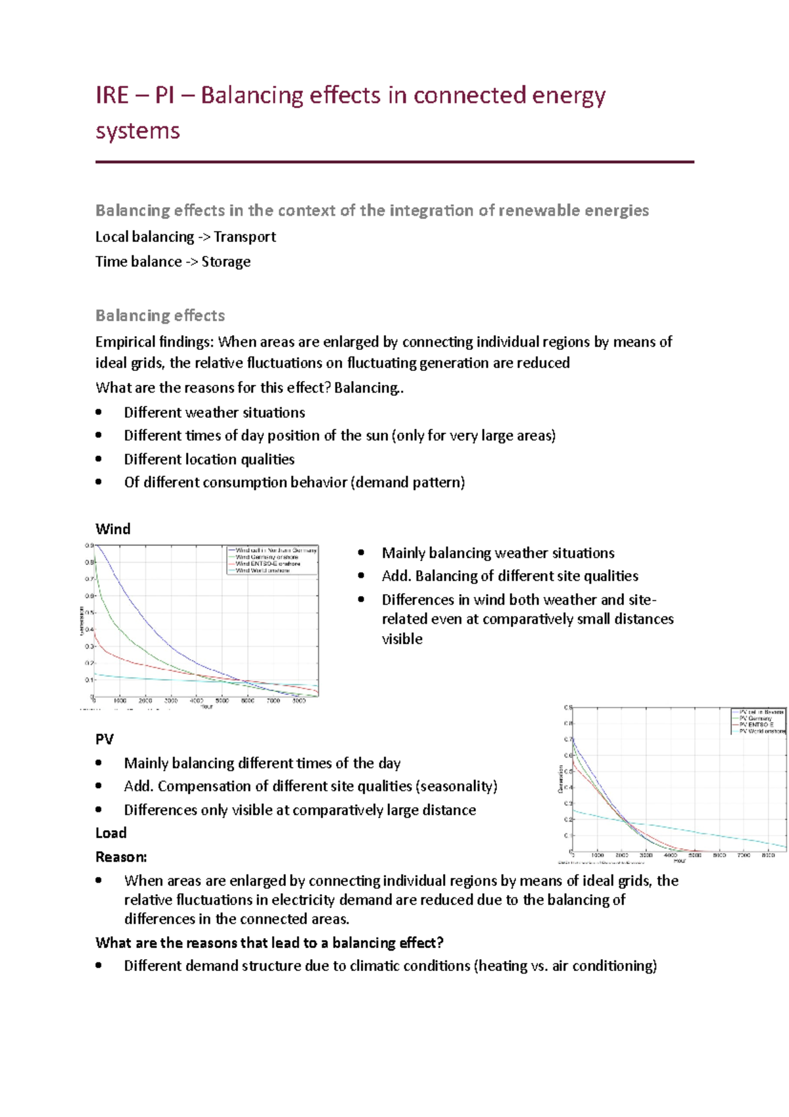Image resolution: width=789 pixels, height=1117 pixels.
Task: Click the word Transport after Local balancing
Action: (x=245, y=237)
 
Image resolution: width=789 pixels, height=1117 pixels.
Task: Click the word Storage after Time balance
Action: (x=226, y=262)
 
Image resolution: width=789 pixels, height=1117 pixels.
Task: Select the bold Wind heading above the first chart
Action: (x=113, y=529)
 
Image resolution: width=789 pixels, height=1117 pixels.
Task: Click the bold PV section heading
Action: (x=105, y=739)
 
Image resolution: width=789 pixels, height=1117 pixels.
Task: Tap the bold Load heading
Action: (x=111, y=833)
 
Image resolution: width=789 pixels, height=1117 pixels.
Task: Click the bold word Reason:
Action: (x=121, y=857)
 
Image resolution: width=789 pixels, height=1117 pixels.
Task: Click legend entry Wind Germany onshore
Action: (x=266, y=557)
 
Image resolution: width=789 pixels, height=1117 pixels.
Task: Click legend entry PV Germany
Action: (x=755, y=718)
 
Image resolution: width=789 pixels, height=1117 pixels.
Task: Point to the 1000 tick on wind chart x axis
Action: (x=120, y=701)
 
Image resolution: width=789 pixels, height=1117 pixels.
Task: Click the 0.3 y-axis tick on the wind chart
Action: (x=89, y=647)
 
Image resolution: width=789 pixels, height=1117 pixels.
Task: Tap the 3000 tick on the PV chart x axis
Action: (x=646, y=855)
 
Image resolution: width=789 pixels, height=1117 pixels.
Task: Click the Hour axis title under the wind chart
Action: (x=206, y=707)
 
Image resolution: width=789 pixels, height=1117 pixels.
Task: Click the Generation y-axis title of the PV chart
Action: (x=561, y=779)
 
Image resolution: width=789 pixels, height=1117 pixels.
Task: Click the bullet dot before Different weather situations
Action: (x=99, y=412)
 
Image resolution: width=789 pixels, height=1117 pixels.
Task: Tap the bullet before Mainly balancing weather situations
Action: (x=361, y=553)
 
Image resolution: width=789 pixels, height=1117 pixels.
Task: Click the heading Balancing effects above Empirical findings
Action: (x=160, y=316)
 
